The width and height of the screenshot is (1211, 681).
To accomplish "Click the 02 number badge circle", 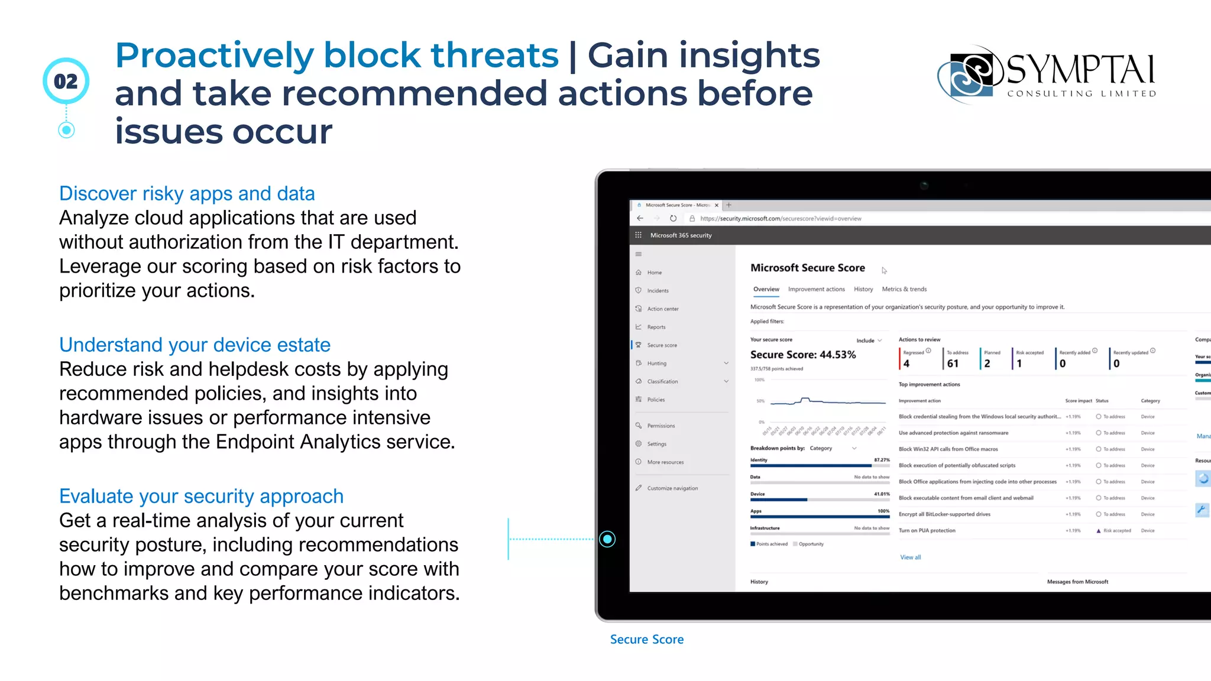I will pyautogui.click(x=66, y=81).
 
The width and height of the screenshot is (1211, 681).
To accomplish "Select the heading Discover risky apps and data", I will pyautogui.click(x=187, y=193).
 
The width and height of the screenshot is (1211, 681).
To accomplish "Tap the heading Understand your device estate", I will pyautogui.click(x=195, y=345).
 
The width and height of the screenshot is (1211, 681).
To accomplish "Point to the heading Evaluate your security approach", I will pyautogui.click(x=201, y=496).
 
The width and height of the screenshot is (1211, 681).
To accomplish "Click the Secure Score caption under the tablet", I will pyautogui.click(x=646, y=639).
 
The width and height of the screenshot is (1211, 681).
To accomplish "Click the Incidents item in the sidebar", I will pyautogui.click(x=658, y=291).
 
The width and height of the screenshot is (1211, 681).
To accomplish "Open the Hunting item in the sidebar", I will pyautogui.click(x=656, y=364).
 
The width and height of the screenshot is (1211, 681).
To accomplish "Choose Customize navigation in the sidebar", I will pyautogui.click(x=672, y=488).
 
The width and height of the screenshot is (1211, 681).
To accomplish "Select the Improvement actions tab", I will pyautogui.click(x=816, y=289).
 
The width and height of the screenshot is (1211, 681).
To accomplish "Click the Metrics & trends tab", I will pyautogui.click(x=904, y=289).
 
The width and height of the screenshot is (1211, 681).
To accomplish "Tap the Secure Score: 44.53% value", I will pyautogui.click(x=802, y=355).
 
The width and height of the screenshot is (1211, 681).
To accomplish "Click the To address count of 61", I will pyautogui.click(x=953, y=364).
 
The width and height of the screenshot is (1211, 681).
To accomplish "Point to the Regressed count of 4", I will pyautogui.click(x=906, y=364).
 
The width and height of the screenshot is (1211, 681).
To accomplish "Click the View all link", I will pyautogui.click(x=910, y=557).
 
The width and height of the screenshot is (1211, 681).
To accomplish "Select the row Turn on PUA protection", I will pyautogui.click(x=927, y=530).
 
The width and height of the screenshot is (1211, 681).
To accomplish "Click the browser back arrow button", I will pyautogui.click(x=640, y=219).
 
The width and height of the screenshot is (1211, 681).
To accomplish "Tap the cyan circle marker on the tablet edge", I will pyautogui.click(x=607, y=539).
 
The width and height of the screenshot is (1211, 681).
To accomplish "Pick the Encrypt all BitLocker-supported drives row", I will pyautogui.click(x=944, y=514).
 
